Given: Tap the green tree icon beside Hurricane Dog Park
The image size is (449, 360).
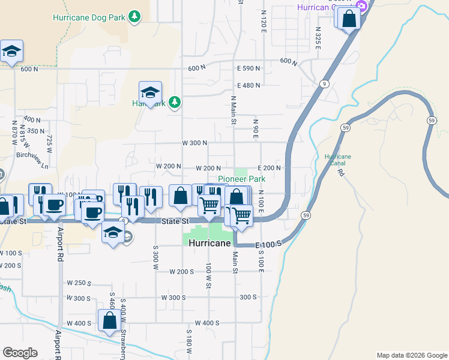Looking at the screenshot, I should (135, 16).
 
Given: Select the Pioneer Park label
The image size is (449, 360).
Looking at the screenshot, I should (241, 179).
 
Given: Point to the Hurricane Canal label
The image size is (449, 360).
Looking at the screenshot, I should (337, 160).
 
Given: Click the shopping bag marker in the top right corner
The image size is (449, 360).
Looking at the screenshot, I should (349, 19).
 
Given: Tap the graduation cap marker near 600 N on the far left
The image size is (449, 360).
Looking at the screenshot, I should (11, 52).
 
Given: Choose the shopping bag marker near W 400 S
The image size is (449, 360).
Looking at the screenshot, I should (109, 322).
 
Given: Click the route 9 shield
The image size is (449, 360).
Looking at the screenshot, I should (324, 83).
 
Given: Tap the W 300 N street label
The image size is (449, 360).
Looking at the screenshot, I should (194, 143).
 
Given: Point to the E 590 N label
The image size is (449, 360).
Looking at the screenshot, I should (248, 68).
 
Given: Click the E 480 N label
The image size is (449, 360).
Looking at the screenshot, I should (248, 85).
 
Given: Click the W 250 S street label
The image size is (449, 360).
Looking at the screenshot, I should (79, 283).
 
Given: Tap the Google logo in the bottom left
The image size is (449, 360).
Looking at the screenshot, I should (20, 353).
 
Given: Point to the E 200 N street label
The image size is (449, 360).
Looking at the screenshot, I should (270, 168).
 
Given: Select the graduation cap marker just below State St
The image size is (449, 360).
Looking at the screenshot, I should (112, 233).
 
